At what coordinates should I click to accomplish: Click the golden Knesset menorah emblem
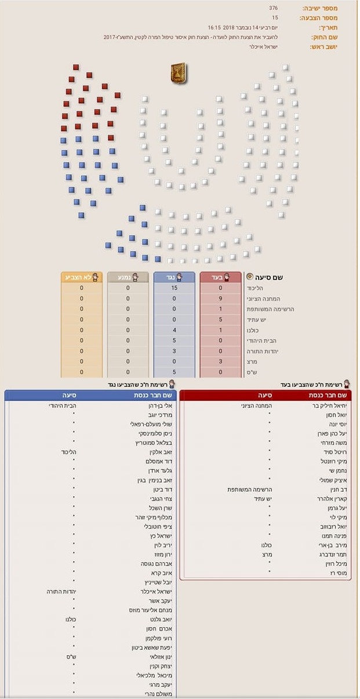(178, 73)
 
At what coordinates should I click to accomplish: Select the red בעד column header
(220, 277)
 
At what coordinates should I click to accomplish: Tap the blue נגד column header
(174, 277)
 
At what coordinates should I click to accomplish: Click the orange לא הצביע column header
(81, 277)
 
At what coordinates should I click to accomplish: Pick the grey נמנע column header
(128, 277)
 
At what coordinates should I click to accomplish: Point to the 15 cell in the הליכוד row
(174, 288)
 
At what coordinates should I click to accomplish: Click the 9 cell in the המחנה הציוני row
(220, 298)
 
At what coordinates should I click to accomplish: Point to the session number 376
(274, 8)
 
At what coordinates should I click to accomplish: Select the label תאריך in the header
(328, 27)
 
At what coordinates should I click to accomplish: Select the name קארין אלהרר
(332, 499)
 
